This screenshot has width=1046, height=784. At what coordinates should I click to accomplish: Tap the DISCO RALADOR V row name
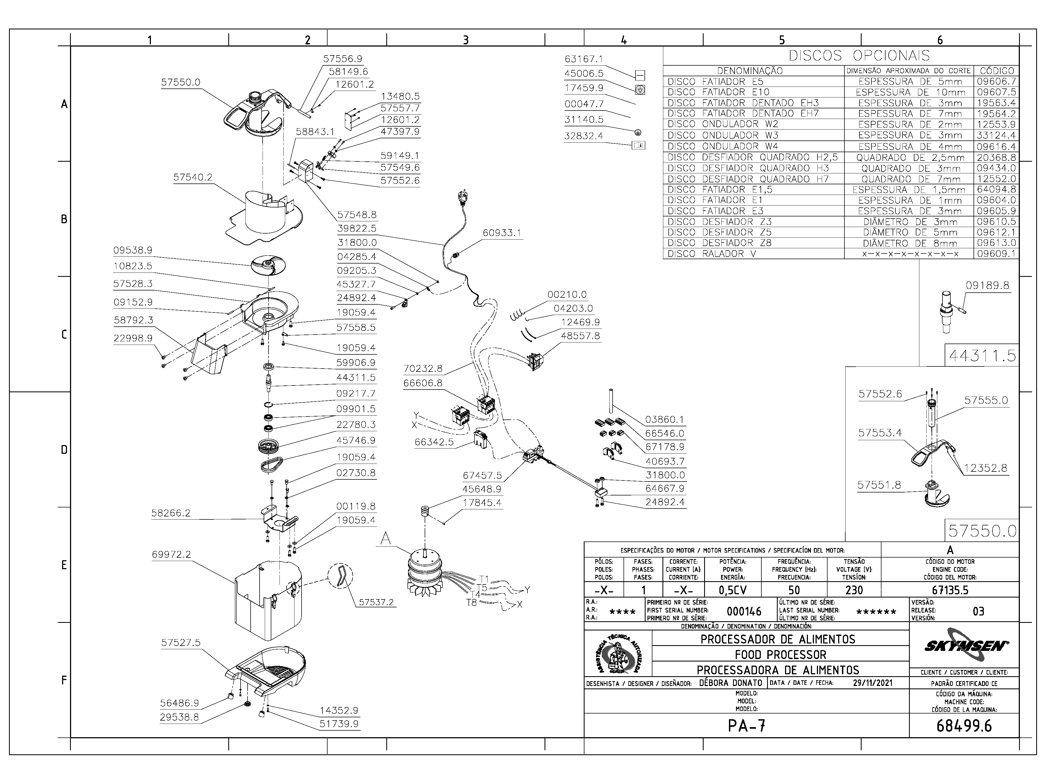pyautogui.click(x=712, y=254)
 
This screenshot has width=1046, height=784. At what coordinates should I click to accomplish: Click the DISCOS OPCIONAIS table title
pyautogui.click(x=859, y=56)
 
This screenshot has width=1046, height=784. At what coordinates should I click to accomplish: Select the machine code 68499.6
pyautogui.click(x=964, y=726)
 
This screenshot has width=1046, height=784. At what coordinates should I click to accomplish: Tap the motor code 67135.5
pyautogui.click(x=950, y=590)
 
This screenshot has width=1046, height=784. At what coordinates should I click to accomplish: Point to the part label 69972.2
pyautogui.click(x=171, y=554)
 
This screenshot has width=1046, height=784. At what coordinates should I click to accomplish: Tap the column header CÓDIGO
pyautogui.click(x=997, y=71)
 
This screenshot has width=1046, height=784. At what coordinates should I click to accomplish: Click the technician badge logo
pyautogui.click(x=618, y=654)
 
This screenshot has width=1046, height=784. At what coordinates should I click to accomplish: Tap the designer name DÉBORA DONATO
pyautogui.click(x=731, y=683)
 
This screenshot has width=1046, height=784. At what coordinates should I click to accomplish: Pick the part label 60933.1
pyautogui.click(x=502, y=233)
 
